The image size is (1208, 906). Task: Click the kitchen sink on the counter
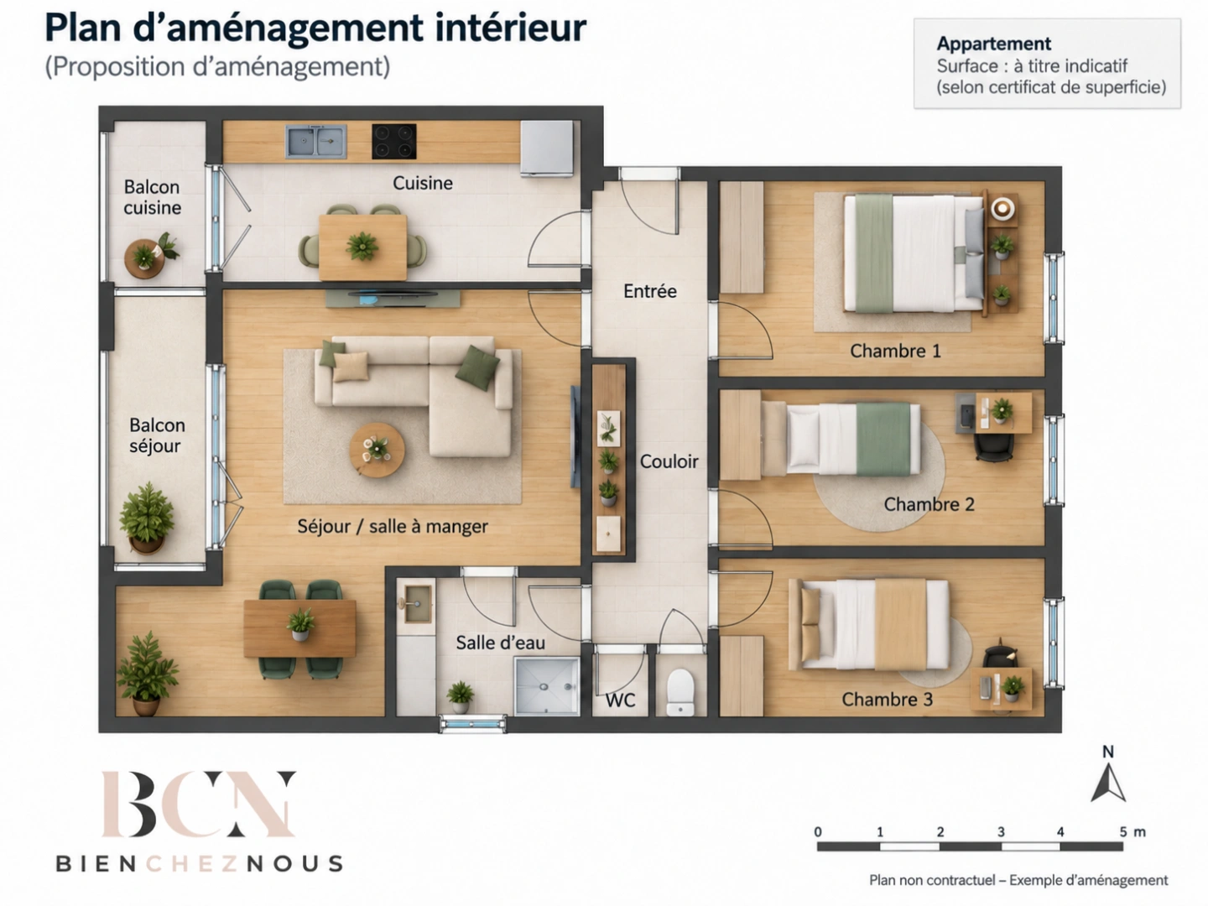coord(316,141)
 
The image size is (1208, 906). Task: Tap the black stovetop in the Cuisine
coord(394,141)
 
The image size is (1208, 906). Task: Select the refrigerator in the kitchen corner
coord(547,148)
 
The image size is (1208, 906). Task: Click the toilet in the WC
coord(680,692)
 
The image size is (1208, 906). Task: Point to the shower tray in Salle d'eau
coord(546,686)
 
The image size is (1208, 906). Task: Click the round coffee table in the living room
coord(377,450)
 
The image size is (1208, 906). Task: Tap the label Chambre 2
coord(929,504)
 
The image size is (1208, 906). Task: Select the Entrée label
coord(650,291)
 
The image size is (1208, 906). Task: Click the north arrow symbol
coord(1108,784)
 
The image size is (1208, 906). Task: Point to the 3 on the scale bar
coord(1001,831)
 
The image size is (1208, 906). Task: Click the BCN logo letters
coord(198,804)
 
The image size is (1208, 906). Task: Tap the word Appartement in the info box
coord(994,44)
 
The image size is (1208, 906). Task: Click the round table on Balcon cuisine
coord(144,258)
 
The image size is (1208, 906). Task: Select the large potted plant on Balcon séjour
coord(147,517)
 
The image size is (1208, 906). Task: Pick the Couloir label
coord(669,461)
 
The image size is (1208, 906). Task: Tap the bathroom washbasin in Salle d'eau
coord(417,604)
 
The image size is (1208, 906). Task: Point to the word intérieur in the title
coord(510,28)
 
